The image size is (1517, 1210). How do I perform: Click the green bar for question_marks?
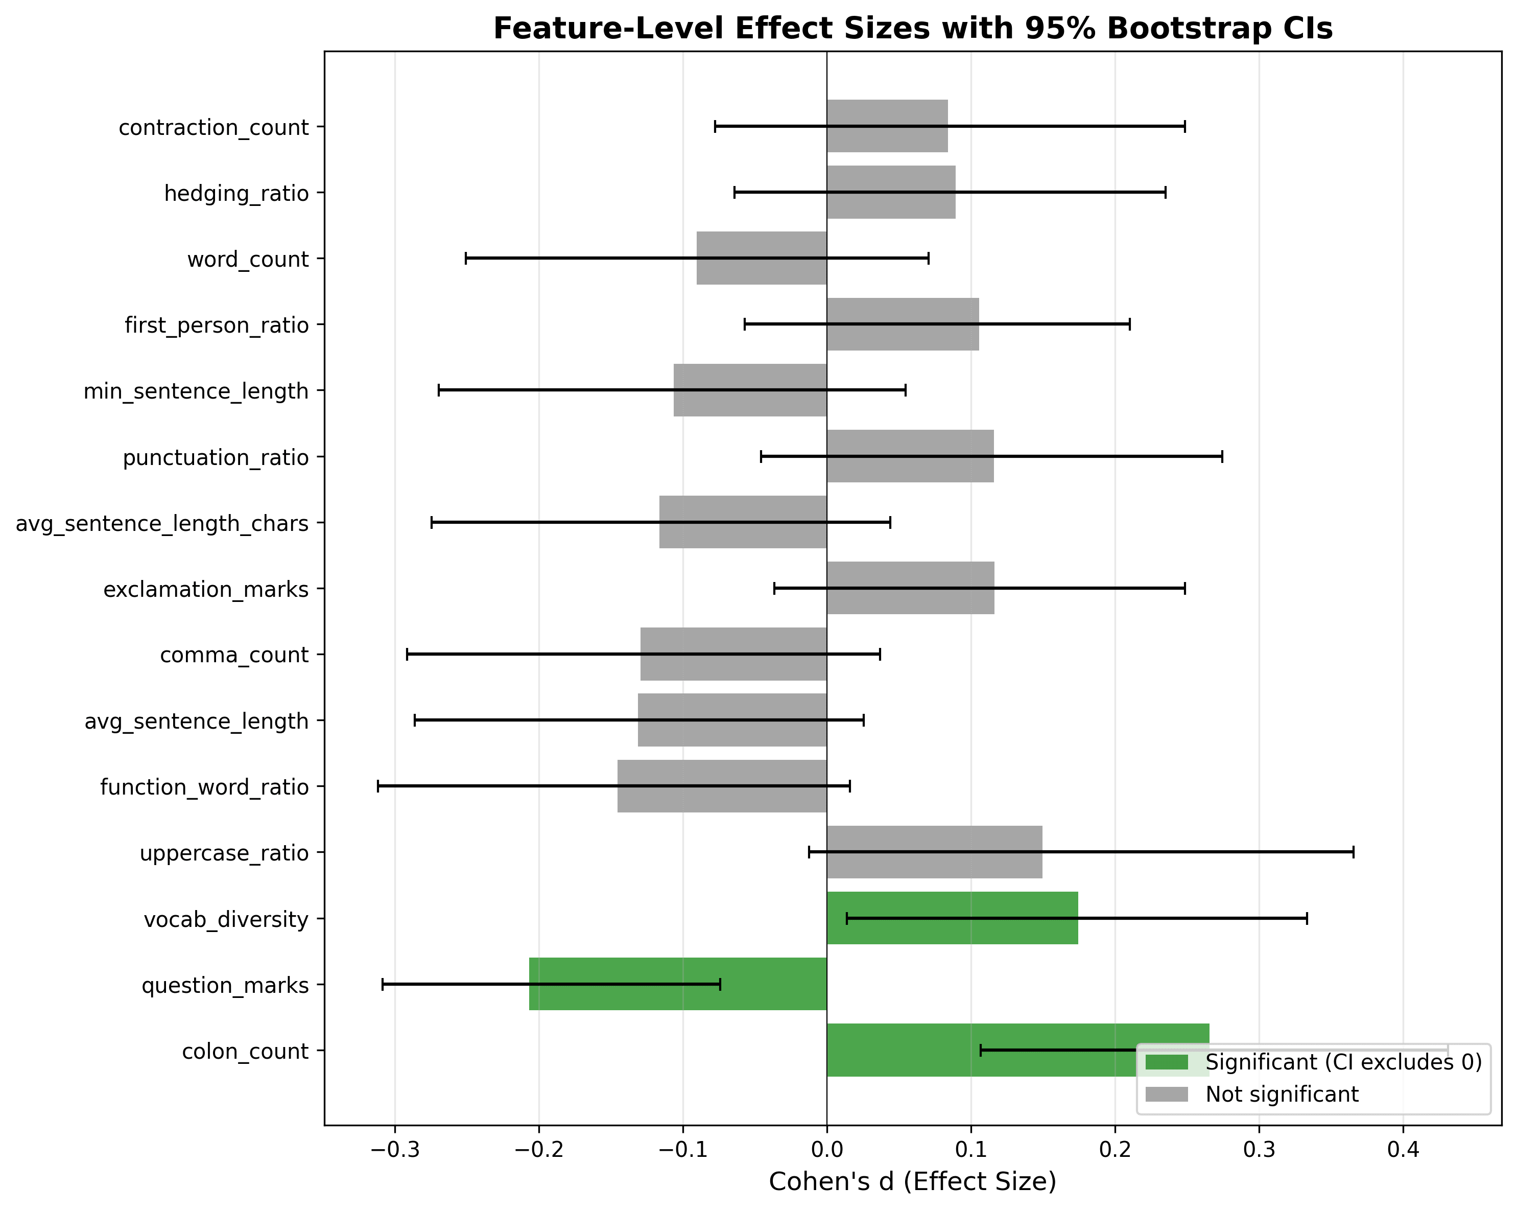(x=678, y=984)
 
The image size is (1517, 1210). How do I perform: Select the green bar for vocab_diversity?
(x=952, y=918)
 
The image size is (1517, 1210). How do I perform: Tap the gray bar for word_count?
(x=762, y=259)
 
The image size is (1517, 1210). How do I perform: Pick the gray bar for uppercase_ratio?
(x=934, y=852)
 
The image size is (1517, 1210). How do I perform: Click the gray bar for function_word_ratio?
(x=722, y=786)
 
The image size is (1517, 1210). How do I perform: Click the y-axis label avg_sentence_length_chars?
(x=162, y=524)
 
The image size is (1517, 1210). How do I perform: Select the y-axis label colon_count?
(x=245, y=1052)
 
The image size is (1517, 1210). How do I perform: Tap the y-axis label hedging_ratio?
(x=236, y=194)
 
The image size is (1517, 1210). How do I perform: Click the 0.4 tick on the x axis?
(x=1403, y=1151)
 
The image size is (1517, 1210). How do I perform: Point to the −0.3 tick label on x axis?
(x=395, y=1151)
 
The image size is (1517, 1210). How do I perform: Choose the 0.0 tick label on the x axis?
(x=827, y=1151)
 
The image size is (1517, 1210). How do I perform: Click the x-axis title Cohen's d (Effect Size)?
(x=913, y=1182)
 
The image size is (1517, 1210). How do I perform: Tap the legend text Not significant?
(x=1282, y=1095)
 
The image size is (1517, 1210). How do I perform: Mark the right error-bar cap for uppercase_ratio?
(x=1353, y=852)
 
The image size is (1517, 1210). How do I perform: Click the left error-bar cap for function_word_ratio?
(x=378, y=786)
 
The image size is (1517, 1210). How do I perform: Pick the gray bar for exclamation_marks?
(x=911, y=588)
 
